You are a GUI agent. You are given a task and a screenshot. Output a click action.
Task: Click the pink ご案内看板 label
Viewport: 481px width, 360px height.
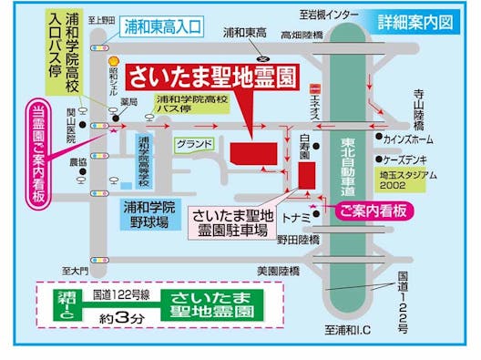click(x=376, y=211)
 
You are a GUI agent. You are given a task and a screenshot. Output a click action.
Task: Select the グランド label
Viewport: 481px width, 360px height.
click(x=194, y=143)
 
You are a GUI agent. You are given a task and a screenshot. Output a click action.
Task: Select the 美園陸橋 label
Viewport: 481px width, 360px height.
click(x=278, y=270)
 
